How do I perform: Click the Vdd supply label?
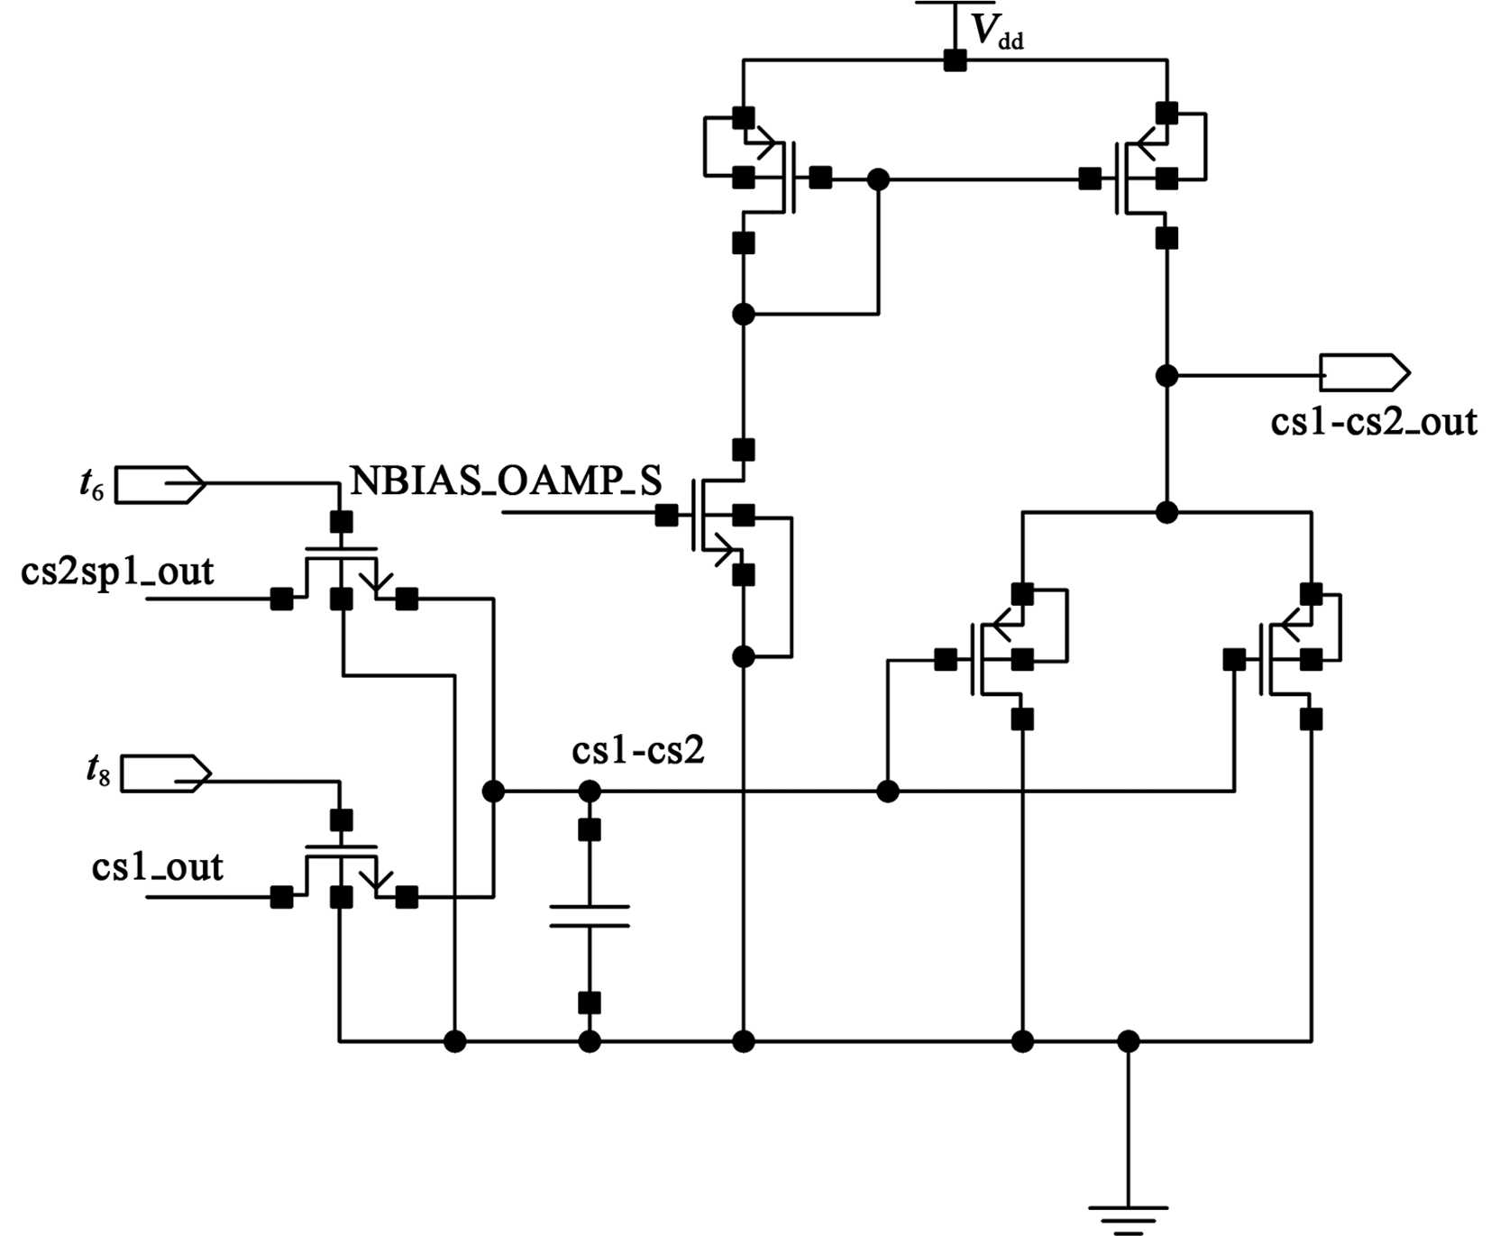(997, 32)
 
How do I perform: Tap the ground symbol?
(1128, 1218)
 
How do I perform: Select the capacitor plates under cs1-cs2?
(589, 916)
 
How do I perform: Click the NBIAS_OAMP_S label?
(506, 481)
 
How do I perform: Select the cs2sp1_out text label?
(117, 572)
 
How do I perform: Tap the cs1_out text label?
(157, 867)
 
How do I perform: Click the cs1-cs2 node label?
(637, 751)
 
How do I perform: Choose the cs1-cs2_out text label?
(1374, 422)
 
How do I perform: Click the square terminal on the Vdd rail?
(955, 60)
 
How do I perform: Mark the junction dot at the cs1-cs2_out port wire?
(1166, 375)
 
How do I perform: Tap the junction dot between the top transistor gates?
(878, 179)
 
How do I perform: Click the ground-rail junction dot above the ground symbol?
(1128, 1042)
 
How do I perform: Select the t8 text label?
(96, 773)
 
